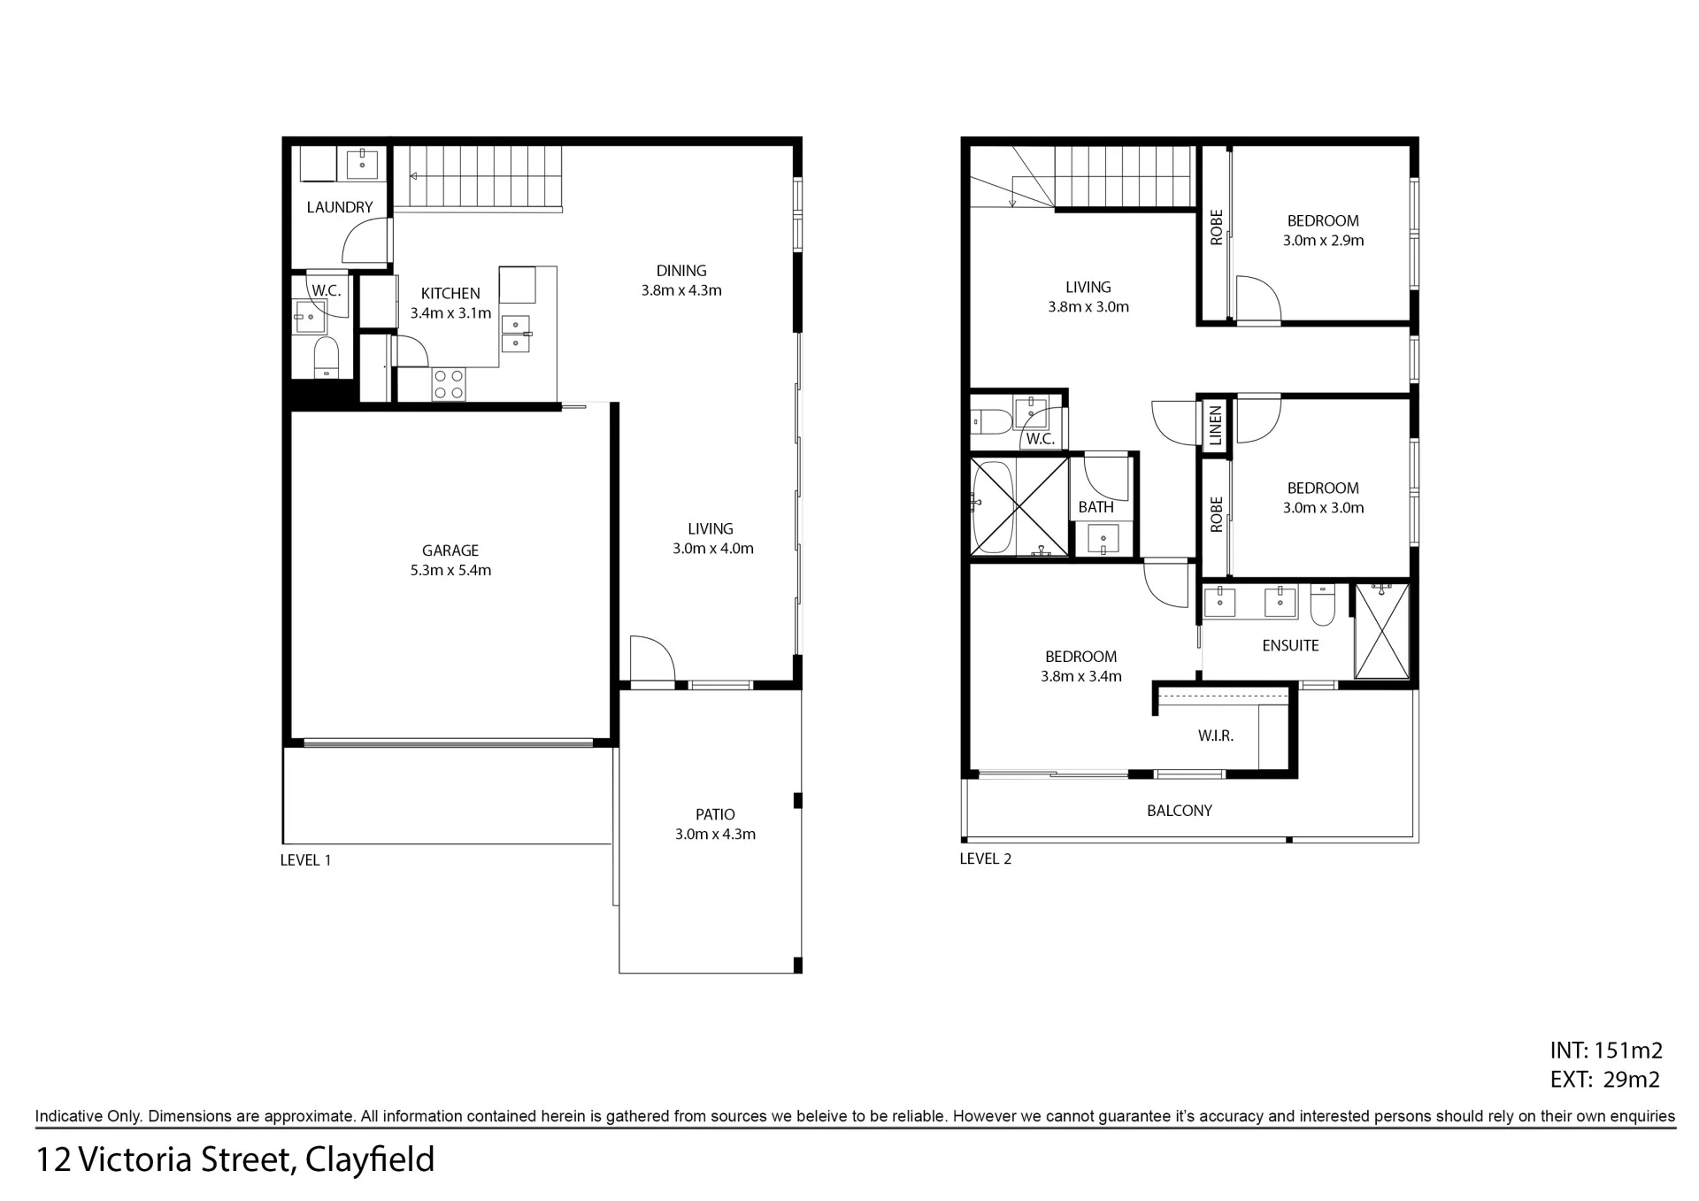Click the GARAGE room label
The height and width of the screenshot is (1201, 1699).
tap(450, 550)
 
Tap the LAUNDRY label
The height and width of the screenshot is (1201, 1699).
tap(340, 207)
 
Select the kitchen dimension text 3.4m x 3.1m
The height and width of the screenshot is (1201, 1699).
tap(450, 313)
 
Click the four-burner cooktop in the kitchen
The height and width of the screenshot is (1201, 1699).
tap(449, 384)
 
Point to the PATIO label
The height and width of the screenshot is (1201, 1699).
tap(715, 814)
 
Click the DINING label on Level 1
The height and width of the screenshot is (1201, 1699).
tap(681, 271)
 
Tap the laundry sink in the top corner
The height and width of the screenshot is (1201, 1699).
tap(363, 164)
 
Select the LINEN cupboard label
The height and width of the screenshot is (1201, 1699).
tap(1215, 426)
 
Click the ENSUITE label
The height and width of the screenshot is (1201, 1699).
tap(1290, 646)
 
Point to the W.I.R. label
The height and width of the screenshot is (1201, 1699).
tap(1216, 735)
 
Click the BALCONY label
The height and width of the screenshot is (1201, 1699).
tap(1180, 811)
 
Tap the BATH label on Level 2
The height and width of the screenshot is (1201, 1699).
tap(1096, 507)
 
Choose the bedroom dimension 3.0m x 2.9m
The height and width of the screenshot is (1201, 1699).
tap(1324, 241)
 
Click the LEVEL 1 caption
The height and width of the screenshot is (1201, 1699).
tap(306, 860)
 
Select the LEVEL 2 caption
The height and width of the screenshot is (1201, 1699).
tap(986, 858)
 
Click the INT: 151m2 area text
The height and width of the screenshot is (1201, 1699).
tap(1606, 1051)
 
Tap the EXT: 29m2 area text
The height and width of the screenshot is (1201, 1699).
tap(1605, 1080)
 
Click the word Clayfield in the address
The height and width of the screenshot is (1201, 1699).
tap(370, 1160)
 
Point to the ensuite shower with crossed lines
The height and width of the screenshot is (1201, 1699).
tap(1381, 631)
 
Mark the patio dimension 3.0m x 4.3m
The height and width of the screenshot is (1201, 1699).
tap(715, 834)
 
